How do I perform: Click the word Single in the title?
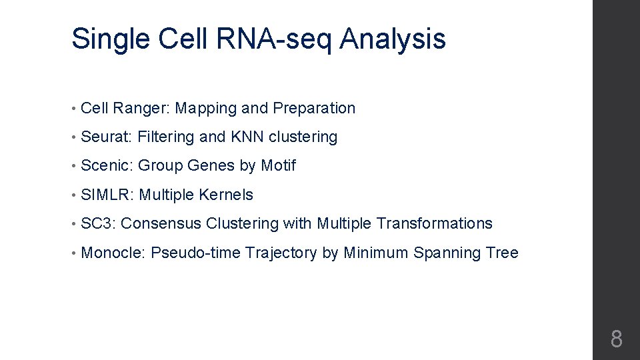pyautogui.click(x=111, y=39)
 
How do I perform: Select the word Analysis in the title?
pyautogui.click(x=393, y=39)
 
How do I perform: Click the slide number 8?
pyautogui.click(x=616, y=339)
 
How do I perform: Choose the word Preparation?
pyautogui.click(x=314, y=108)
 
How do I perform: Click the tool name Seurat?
pyautogui.click(x=106, y=137)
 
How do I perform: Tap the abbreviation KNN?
pyautogui.click(x=247, y=137)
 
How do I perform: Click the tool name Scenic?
pyautogui.click(x=106, y=165)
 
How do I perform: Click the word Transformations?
pyautogui.click(x=434, y=223)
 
